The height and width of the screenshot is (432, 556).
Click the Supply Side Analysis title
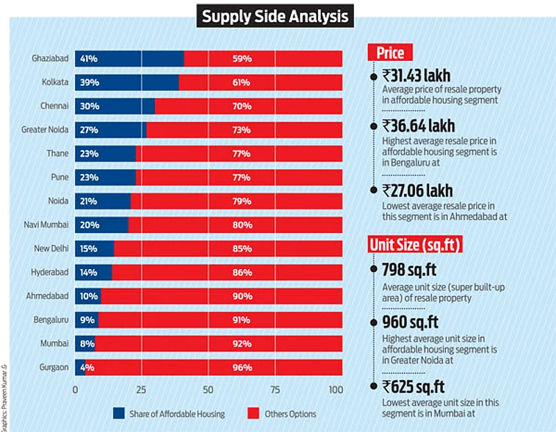click(275, 15)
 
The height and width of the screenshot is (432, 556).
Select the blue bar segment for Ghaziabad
click(129, 59)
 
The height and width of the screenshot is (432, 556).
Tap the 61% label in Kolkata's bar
click(242, 83)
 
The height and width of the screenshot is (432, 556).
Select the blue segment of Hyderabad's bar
click(93, 273)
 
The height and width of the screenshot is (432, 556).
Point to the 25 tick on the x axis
click(142, 390)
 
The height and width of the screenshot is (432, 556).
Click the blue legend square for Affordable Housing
click(118, 414)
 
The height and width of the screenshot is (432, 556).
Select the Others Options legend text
click(290, 414)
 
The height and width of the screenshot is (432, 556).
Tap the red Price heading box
click(389, 53)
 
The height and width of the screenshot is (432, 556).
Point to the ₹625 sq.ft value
click(413, 386)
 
